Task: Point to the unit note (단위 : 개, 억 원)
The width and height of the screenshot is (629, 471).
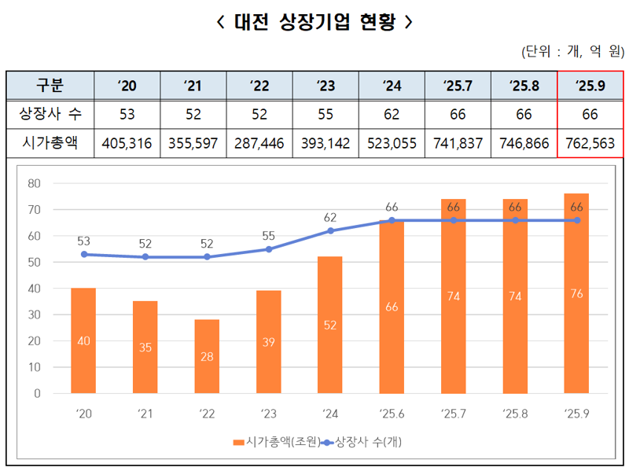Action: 572,52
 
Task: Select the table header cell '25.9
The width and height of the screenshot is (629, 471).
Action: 590,85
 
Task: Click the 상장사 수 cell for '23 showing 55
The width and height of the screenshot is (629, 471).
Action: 325,115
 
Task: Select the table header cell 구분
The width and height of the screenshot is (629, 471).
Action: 50,85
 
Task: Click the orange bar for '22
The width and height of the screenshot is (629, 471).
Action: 207,356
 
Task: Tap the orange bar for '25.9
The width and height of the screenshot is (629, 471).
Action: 576,293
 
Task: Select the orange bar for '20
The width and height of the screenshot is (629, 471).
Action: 83,340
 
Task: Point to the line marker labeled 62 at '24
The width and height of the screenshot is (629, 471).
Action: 330,231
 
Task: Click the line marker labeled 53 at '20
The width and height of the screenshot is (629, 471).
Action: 83,254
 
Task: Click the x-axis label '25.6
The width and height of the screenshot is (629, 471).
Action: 392,413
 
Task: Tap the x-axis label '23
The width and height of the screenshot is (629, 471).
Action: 269,413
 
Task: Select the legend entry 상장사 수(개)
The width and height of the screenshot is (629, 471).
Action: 367,442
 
